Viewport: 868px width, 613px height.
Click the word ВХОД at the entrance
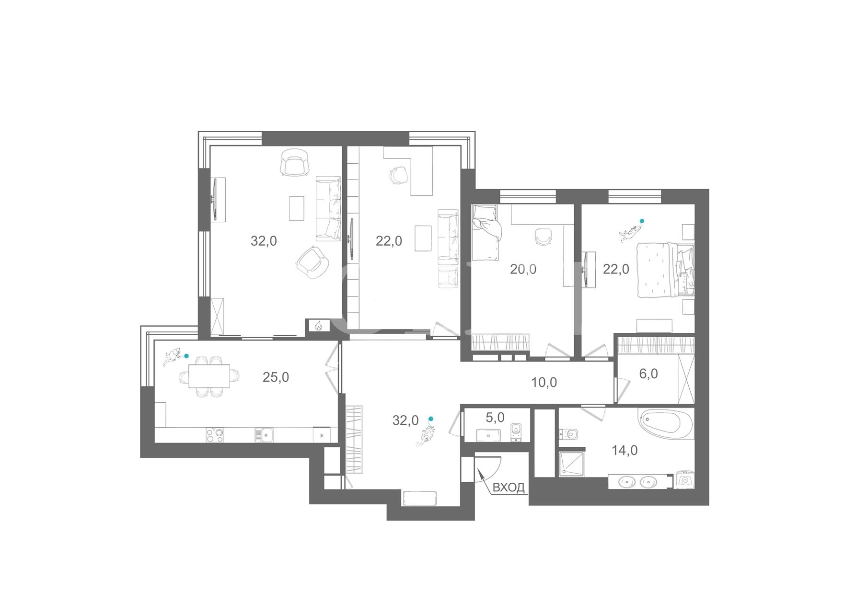click(509, 488)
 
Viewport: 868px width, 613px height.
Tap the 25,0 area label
click(276, 377)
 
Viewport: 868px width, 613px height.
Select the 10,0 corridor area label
click(544, 382)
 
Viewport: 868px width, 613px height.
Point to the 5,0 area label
click(495, 418)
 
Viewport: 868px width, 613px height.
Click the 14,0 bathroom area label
click(625, 450)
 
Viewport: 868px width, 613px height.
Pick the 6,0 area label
click(648, 374)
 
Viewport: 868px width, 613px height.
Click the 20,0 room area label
click(523, 269)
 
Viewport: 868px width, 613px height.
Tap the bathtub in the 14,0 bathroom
click(665, 424)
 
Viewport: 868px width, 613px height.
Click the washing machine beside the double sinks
click(684, 480)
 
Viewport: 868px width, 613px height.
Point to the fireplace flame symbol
click(318, 326)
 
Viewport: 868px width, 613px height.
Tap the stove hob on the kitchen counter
click(215, 435)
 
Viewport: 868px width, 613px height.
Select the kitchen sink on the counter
click(264, 435)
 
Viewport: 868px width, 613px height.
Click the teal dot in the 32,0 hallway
click(431, 419)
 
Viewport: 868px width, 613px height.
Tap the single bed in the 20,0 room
click(487, 233)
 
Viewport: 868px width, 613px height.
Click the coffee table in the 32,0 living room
click(297, 208)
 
